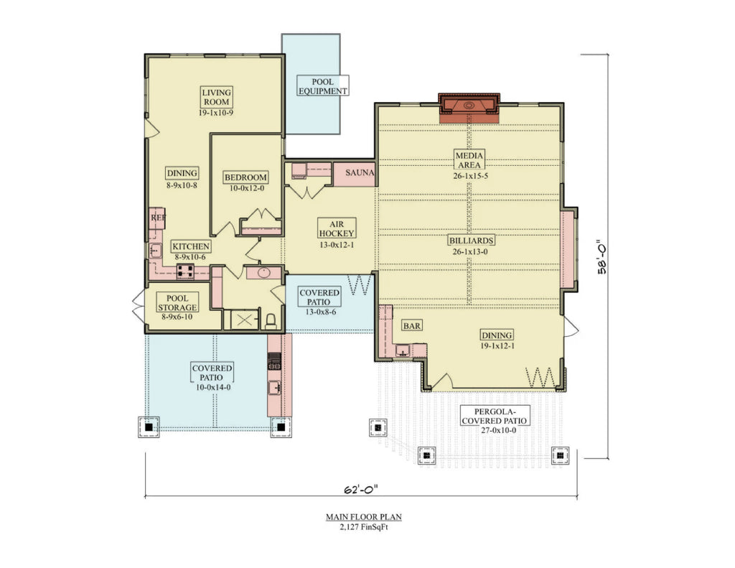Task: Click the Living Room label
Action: (216, 97)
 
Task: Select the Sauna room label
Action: (360, 173)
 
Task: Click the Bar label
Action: (411, 325)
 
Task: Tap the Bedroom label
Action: (245, 177)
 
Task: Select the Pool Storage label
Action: (177, 302)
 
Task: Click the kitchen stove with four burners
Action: (185, 271)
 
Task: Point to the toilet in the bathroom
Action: (271, 320)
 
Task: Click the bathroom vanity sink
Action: (263, 272)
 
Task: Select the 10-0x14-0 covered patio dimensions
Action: (212, 386)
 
